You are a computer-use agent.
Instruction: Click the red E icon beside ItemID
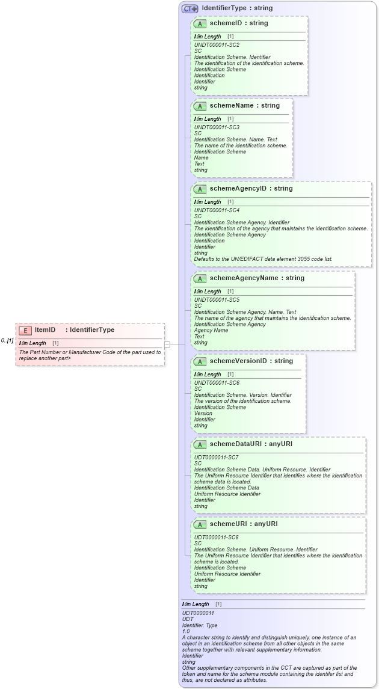coord(26,330)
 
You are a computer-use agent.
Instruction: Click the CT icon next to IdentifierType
coord(190,8)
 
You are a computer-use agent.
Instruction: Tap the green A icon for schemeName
coord(200,106)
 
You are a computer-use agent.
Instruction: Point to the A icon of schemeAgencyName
coord(200,278)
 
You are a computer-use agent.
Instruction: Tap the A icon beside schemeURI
coord(200,524)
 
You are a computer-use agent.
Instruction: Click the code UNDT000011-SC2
coord(217,45)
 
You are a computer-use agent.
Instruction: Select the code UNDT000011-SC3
coord(217,127)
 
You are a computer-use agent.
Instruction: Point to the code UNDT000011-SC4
coord(217,210)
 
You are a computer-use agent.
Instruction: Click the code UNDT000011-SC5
coord(217,300)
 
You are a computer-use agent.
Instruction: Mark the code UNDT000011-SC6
coord(217,383)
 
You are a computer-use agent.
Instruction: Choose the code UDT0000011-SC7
coord(216,458)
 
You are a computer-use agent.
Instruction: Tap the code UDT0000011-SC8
coord(216,537)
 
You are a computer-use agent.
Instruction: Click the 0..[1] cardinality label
coord(7,341)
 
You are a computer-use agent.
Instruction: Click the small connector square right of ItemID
coord(168,344)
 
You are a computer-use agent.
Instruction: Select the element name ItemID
coord(45,330)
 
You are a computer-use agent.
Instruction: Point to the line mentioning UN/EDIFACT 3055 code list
coord(263,259)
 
